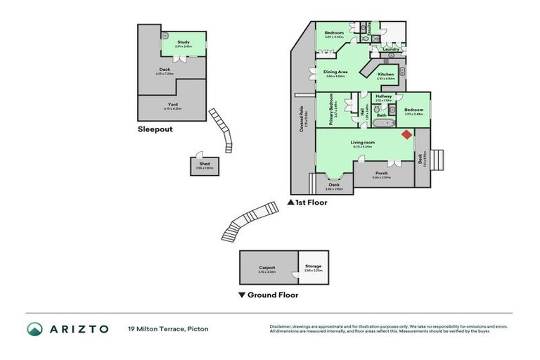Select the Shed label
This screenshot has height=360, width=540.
tap(204, 164)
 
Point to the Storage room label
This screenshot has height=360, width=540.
tap(313, 266)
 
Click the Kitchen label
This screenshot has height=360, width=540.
tap(386, 75)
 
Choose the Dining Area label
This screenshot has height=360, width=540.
tap(335, 72)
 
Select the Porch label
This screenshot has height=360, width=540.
tap(382, 174)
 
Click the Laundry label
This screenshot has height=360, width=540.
tap(392, 49)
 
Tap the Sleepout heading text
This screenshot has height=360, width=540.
tap(155, 129)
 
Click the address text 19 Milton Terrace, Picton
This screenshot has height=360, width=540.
tap(168, 329)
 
